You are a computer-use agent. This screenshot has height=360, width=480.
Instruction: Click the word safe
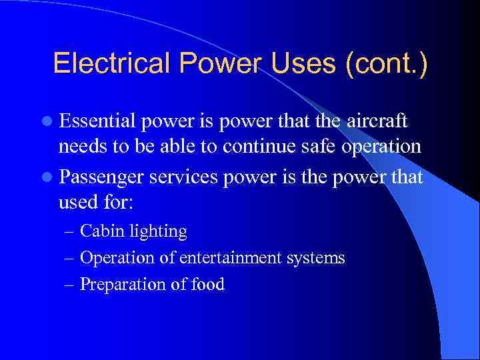point(322,146)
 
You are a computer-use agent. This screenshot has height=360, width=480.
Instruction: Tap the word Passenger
point(101,178)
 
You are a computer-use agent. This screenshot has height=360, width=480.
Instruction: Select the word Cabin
point(99,231)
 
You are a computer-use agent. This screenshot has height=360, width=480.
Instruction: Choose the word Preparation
point(122,285)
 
